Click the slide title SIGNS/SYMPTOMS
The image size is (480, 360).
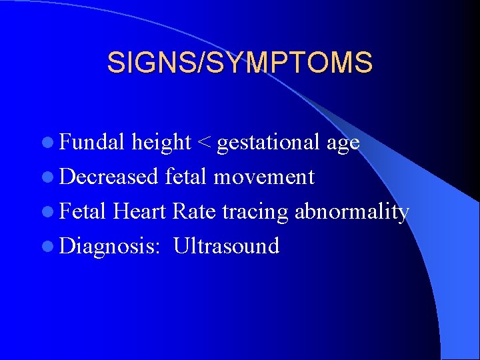[x=240, y=63]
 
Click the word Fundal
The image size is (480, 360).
[x=92, y=142]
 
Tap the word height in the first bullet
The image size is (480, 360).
[x=161, y=142]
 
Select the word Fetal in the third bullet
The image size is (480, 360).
[x=83, y=211]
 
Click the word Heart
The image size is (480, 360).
[x=140, y=211]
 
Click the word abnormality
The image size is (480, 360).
[x=351, y=211]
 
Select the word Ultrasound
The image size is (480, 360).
[x=226, y=246]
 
